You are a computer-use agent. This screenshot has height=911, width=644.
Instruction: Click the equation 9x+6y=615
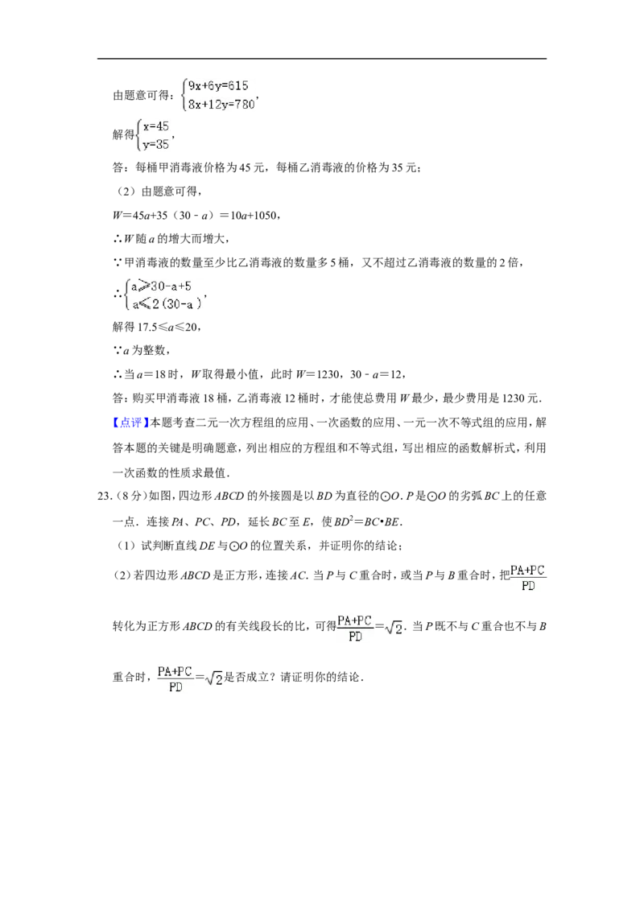click(x=218, y=86)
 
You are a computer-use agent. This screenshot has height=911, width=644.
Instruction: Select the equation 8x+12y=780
click(x=221, y=105)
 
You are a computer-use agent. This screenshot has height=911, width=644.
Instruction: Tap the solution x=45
click(x=156, y=126)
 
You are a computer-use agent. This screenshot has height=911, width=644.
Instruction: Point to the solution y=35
click(x=156, y=144)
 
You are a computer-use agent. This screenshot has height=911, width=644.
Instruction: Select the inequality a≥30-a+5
click(x=161, y=286)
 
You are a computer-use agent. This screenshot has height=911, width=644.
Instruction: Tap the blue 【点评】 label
click(x=130, y=423)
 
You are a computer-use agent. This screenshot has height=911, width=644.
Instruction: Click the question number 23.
click(x=104, y=497)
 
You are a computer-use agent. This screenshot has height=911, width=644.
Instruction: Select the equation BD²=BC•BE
click(x=367, y=521)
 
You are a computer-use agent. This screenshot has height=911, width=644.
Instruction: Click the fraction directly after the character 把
click(x=528, y=578)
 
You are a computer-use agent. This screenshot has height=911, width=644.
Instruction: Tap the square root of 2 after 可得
click(x=394, y=628)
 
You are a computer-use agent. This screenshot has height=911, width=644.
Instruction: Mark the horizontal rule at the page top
click(x=322, y=59)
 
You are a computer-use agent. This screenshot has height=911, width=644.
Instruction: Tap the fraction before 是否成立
click(x=175, y=679)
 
